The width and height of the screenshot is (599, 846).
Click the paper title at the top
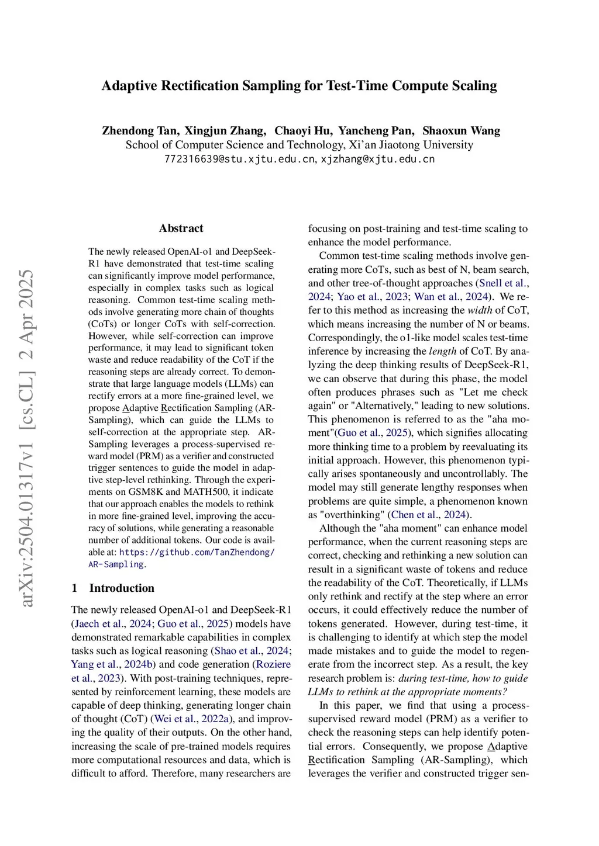point(299,86)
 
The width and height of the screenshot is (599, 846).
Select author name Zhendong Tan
point(140,131)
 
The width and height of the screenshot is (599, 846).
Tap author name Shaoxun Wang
point(461,131)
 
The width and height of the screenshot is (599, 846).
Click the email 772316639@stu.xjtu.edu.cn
point(239,159)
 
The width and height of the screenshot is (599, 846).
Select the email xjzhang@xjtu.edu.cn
point(378,159)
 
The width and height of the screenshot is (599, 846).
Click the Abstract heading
point(181,228)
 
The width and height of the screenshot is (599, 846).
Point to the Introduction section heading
point(122,588)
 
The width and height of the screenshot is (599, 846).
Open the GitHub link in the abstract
point(197,552)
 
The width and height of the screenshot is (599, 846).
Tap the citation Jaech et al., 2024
point(112,623)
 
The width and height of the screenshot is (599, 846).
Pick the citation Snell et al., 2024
point(502,283)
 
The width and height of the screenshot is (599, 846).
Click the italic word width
point(480,310)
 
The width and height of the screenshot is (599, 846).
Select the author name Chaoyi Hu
point(303,131)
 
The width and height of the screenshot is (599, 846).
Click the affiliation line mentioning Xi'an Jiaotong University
point(299,145)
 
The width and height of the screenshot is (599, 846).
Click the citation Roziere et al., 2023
point(273,664)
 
